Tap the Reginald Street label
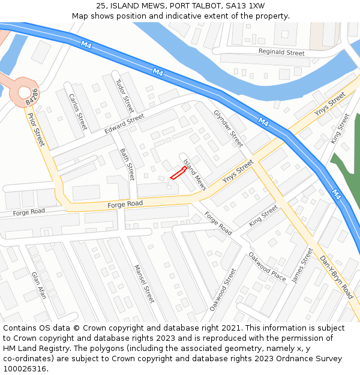(281, 53)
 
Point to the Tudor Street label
(124, 96)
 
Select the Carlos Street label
(78, 112)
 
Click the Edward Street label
(125, 124)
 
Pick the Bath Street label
(127, 164)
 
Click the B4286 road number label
(32, 97)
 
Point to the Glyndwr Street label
(228, 128)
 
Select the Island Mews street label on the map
(195, 175)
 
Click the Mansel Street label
(145, 283)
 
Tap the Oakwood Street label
(223, 289)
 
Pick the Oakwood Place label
(267, 266)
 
